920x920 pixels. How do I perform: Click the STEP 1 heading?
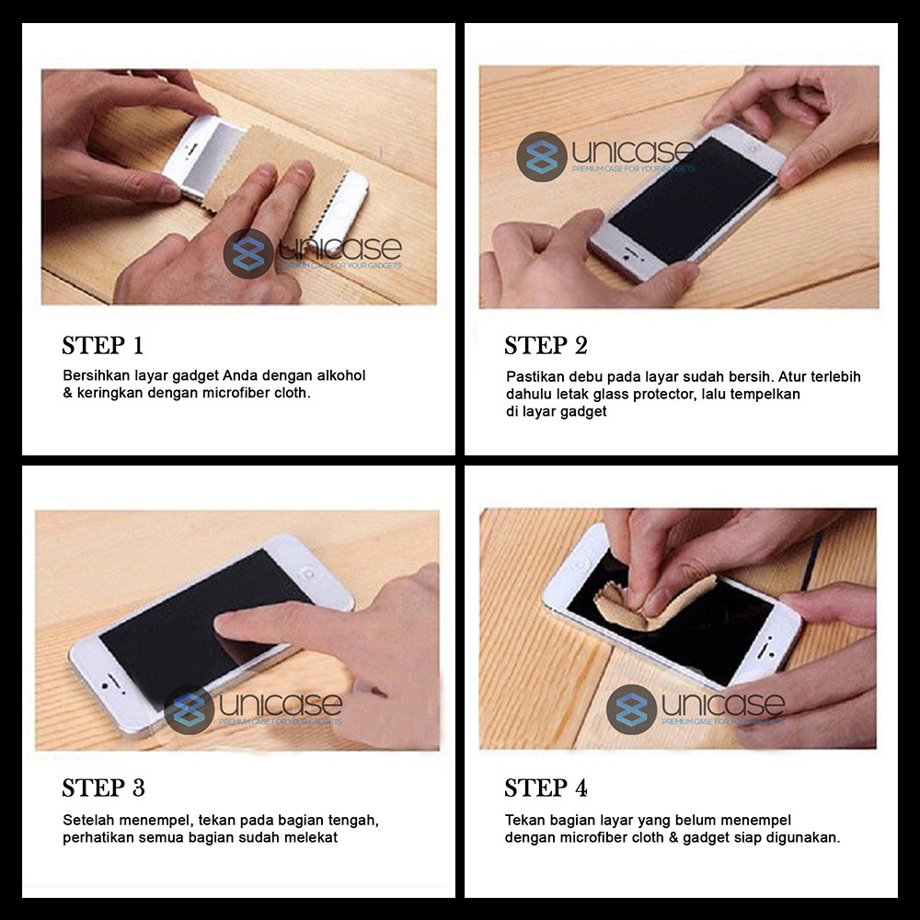point(103,345)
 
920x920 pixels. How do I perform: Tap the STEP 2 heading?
point(546,345)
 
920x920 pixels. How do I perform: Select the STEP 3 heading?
point(103,788)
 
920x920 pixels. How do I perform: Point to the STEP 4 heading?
point(546,788)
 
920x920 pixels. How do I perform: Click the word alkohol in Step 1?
point(341,375)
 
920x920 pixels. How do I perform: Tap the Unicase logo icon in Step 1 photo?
point(248,254)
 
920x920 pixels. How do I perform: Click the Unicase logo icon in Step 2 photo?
point(542,156)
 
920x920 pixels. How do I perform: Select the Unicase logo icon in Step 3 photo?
point(189,709)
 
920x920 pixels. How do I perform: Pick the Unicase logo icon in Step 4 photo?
point(631,709)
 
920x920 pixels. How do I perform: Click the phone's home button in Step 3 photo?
point(306,573)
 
